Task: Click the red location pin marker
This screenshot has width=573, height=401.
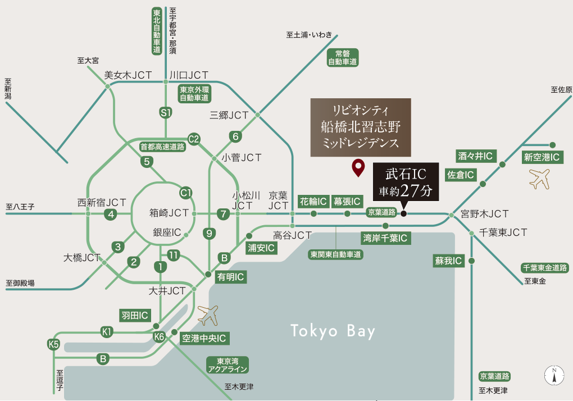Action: coord(357,168)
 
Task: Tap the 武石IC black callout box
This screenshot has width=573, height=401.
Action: coord(406,183)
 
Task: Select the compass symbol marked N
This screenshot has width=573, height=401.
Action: coord(554,375)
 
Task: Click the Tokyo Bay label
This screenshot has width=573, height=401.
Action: coord(333,331)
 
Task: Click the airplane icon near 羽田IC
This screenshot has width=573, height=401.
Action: coord(208,315)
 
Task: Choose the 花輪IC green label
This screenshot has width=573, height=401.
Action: coord(313,201)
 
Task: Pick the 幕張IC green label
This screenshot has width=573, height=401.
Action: coord(347,201)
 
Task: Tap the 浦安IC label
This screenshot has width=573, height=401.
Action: coord(262,247)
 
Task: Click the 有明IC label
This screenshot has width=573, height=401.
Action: coord(231,276)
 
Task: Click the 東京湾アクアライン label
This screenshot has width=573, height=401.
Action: coord(228,365)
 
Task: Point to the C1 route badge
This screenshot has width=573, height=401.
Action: coord(186,193)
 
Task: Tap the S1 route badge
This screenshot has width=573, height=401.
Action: coord(166,113)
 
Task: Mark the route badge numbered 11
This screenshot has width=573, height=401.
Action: coord(174,256)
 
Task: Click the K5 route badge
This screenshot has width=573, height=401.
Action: coord(54,344)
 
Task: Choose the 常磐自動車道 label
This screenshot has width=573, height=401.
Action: coord(343,57)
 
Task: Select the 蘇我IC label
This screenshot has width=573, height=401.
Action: coord(448,261)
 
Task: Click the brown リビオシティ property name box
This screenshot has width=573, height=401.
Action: coord(361,127)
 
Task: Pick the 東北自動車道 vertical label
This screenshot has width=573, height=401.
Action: coord(157,31)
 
